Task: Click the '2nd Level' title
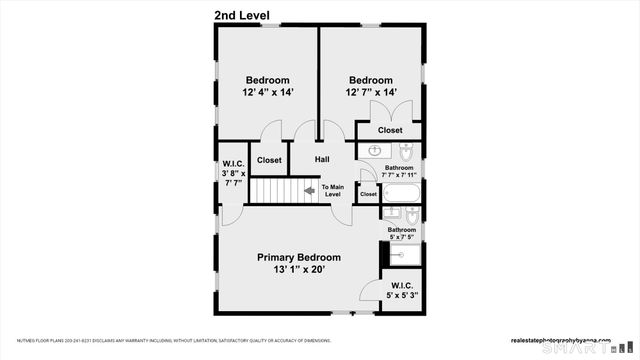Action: (248, 15)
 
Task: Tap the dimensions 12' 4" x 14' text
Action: (267, 93)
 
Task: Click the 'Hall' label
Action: (322, 160)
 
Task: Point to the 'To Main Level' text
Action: (332, 190)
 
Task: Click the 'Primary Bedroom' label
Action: (298, 257)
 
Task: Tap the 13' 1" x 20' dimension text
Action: (298, 269)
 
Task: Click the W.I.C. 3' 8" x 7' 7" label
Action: (233, 173)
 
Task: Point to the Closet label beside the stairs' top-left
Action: (269, 160)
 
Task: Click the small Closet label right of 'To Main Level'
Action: (368, 194)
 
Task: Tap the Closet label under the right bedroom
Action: (390, 130)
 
